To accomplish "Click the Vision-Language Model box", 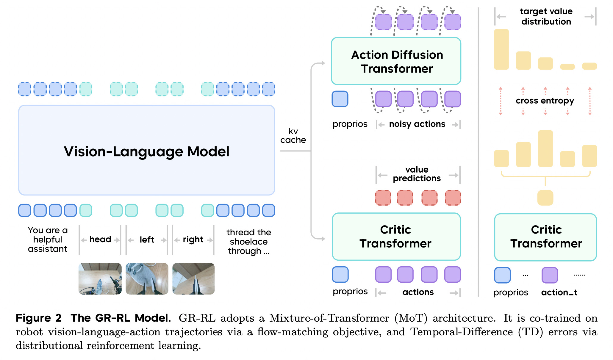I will pos(146,150).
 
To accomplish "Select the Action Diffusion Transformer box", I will pos(396,61).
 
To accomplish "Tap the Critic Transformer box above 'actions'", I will pos(396,237).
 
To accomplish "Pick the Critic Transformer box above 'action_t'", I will pos(545,237).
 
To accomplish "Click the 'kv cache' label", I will pos(293,136).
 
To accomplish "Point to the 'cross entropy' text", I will pos(545,101).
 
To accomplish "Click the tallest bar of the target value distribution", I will pos(501,49).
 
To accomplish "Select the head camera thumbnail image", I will pos(100,279).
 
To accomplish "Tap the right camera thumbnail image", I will pos(193,279).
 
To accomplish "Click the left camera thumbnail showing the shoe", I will pos(147,279).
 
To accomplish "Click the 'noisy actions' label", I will pos(417,124).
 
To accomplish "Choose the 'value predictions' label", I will pos(417,174).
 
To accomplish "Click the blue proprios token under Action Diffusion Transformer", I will pos(340,99).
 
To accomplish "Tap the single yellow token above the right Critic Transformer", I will pos(545,198).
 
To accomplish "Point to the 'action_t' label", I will pos(559,292).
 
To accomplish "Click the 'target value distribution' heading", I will pos(546,16).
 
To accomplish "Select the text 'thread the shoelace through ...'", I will pos(248,242).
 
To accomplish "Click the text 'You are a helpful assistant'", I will pos(48,240).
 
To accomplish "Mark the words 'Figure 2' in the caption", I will pos(39,318).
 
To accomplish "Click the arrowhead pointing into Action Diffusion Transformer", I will pos(323,63).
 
